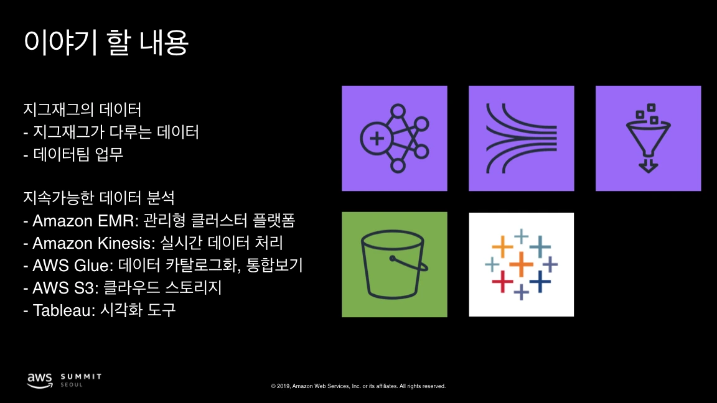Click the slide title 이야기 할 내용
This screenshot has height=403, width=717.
click(106, 42)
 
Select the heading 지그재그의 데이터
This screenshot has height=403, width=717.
click(82, 110)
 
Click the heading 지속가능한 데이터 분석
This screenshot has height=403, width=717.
click(98, 198)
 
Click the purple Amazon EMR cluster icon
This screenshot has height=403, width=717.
click(395, 138)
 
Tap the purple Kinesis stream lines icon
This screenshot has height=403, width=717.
click(522, 138)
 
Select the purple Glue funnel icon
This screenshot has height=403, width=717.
click(649, 138)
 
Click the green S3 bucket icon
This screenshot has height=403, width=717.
click(395, 265)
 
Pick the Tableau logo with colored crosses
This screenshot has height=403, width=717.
click(522, 265)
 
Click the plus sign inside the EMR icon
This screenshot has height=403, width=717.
click(375, 138)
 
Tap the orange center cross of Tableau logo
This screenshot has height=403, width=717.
click(522, 265)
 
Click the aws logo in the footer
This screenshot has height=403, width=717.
click(39, 379)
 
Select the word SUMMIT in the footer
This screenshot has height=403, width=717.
click(81, 377)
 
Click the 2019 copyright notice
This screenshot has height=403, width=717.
click(358, 386)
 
